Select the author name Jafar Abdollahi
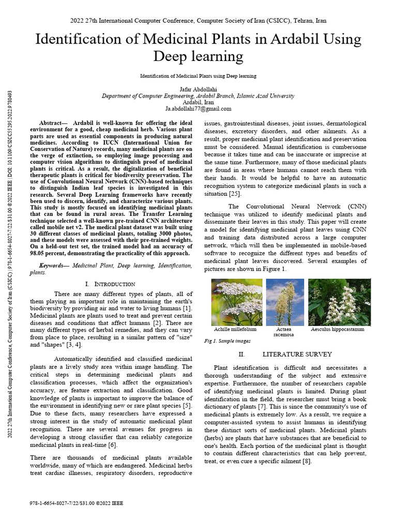pyautogui.click(x=198, y=89)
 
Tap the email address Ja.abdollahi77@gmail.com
pyautogui.click(x=198, y=109)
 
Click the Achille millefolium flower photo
pyautogui.click(x=237, y=302)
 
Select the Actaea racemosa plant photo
pyautogui.click(x=285, y=302)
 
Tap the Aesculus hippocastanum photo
pyautogui.click(x=339, y=302)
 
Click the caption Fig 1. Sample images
pyautogui.click(x=227, y=341)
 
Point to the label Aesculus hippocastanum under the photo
pyautogui.click(x=338, y=329)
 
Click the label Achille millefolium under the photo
pyautogui.click(x=235, y=329)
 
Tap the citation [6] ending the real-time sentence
pyautogui.click(x=112, y=445)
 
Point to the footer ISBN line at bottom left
pyautogui.click(x=78, y=503)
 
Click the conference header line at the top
pyautogui.click(x=198, y=21)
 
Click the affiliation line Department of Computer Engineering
pyautogui.click(x=198, y=96)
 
